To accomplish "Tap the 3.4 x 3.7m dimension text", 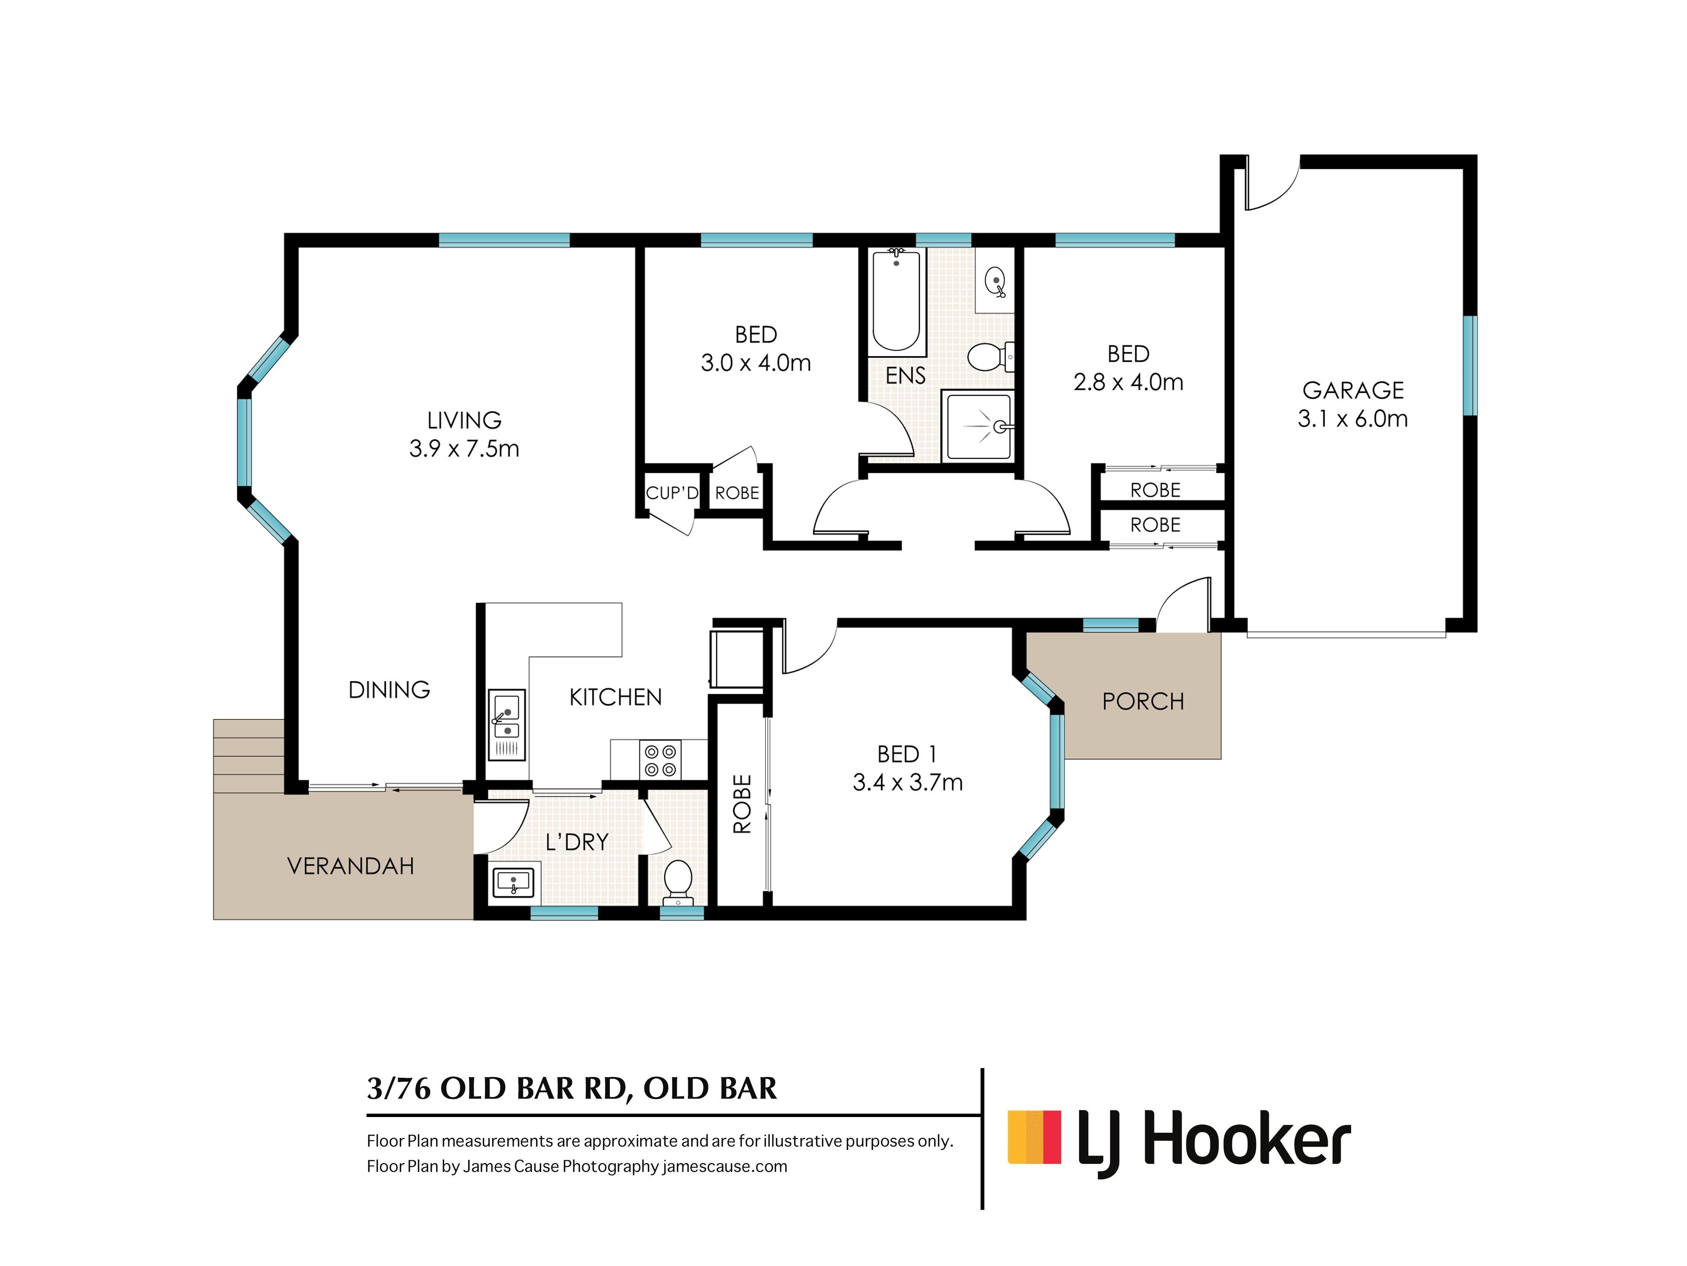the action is coord(908,782).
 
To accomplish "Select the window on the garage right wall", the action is coord(1470,365).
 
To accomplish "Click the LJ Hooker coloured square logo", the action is coord(1034,1137).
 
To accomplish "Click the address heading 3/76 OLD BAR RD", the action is coord(499,1088).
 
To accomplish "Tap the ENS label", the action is coord(905,376).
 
